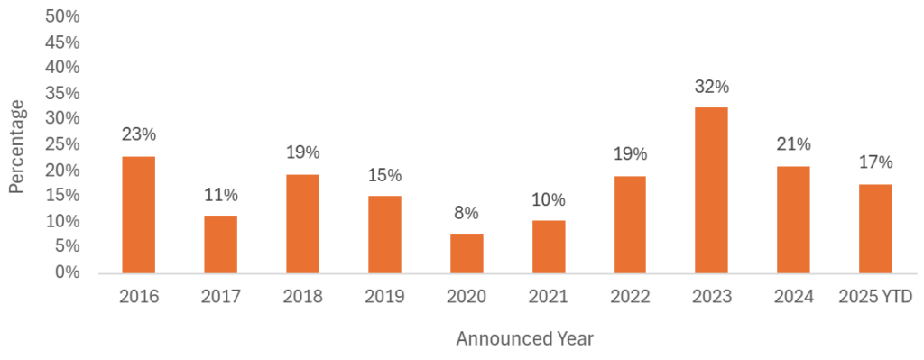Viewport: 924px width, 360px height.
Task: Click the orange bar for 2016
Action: [x=138, y=215]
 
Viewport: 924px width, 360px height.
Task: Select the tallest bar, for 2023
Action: [x=711, y=190]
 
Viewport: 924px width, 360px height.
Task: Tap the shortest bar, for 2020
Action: [x=467, y=254]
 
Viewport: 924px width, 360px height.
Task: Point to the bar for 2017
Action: [x=220, y=244]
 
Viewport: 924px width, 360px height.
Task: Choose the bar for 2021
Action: [x=548, y=246]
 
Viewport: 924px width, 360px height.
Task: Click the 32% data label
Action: [x=711, y=88]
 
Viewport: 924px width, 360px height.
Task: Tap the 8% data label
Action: [x=467, y=214]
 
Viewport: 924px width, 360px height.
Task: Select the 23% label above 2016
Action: [x=138, y=134]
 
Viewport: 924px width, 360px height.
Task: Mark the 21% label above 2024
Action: [x=793, y=144]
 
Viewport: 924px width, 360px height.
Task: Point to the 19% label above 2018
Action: [x=302, y=152]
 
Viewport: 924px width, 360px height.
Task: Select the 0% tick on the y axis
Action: [x=68, y=272]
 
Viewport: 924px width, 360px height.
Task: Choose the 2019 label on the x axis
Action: [x=384, y=297]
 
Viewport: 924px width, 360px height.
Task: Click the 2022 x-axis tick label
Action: [x=630, y=297]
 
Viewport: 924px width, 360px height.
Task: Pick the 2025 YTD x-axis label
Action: [x=874, y=297]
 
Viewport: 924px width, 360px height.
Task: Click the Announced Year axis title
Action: [x=524, y=339]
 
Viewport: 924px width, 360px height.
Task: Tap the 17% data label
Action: [x=875, y=162]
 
